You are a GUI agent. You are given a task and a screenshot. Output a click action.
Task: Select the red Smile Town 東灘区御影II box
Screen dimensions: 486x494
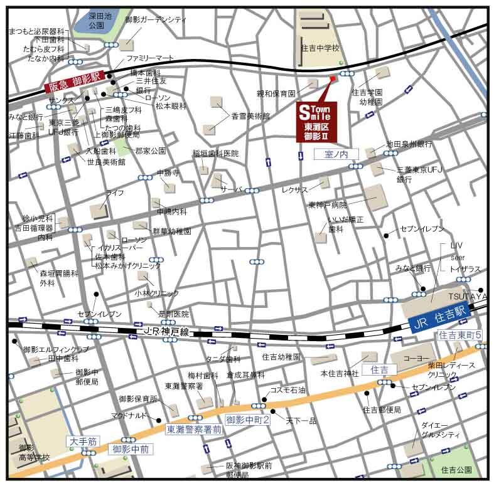pos(318,122)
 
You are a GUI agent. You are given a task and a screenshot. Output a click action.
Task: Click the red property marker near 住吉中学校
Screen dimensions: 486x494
pos(332,78)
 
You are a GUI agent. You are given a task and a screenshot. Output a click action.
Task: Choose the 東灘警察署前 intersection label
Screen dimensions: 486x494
pos(194,430)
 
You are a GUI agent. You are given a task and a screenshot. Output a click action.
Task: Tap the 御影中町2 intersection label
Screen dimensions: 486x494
pos(248,420)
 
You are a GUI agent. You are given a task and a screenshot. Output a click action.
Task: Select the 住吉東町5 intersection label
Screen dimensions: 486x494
pos(461,335)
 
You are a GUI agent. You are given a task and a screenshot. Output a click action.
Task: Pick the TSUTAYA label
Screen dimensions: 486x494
pos(467,295)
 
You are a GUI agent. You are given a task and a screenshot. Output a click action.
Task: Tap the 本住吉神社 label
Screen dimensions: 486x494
pos(340,373)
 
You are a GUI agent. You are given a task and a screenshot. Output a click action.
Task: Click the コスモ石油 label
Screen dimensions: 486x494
pos(287,390)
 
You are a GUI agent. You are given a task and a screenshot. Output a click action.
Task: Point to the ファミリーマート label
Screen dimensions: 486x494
pos(149,58)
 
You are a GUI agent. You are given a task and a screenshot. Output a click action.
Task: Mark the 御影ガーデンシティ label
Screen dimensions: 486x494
pos(156,20)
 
